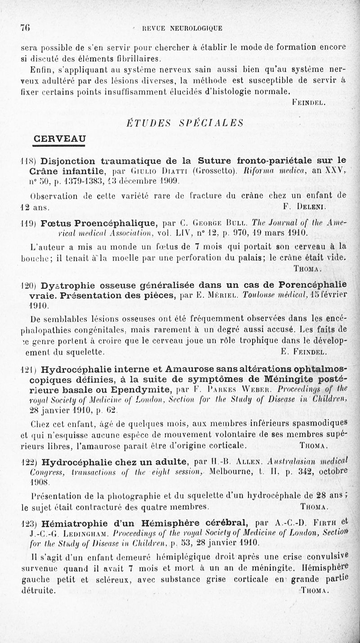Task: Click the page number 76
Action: point(25,27)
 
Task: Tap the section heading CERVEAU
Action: point(61,139)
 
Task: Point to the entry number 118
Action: point(29,161)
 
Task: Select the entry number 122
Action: point(29,462)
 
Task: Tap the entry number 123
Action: point(29,524)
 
